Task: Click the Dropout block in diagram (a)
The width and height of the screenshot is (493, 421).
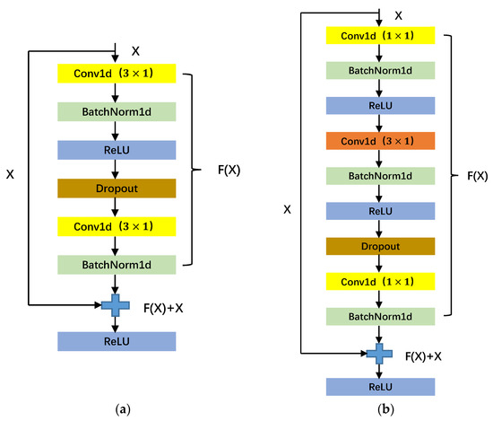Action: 117,188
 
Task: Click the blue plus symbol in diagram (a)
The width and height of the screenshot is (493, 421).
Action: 114,305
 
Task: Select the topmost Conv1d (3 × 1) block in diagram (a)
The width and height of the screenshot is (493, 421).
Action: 117,73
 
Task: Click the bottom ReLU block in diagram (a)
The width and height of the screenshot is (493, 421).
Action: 117,341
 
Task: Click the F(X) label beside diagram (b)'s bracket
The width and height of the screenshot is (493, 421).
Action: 477,176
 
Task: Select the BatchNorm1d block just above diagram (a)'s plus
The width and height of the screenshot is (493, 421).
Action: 117,264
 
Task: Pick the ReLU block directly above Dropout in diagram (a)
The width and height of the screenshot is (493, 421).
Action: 117,149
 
